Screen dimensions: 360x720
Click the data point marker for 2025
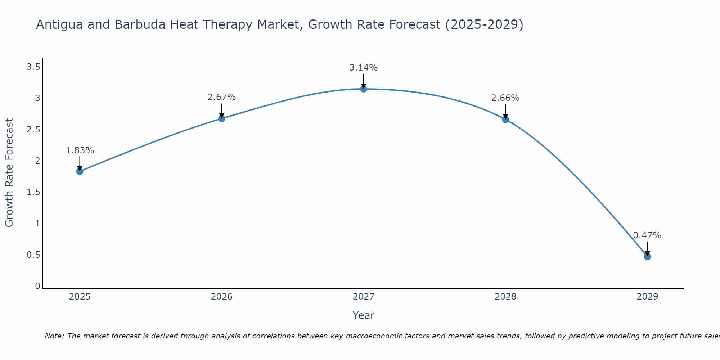tap(80, 171)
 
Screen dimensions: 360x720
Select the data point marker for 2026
tap(222, 118)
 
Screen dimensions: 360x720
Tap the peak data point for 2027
tap(364, 89)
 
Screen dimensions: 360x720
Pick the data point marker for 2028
tap(505, 120)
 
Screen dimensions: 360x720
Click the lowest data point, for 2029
tap(647, 257)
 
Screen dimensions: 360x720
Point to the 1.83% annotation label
tap(80, 150)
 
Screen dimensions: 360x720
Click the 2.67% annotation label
tap(222, 97)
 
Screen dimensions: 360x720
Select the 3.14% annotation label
tap(364, 68)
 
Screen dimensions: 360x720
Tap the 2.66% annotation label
tap(505, 98)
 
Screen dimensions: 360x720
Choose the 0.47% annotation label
tap(647, 235)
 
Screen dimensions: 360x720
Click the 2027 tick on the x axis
tap(364, 297)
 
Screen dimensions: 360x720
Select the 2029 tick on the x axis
tap(647, 297)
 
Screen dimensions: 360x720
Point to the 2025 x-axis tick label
tap(80, 297)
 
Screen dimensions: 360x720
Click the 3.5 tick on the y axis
tap(33, 67)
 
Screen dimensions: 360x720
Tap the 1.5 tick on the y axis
tap(33, 192)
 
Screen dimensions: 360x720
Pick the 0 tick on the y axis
tap(37, 286)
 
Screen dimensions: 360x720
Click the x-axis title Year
tap(364, 315)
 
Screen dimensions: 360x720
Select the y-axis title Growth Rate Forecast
tap(9, 173)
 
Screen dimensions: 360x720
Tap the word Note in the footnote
tap(54, 336)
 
